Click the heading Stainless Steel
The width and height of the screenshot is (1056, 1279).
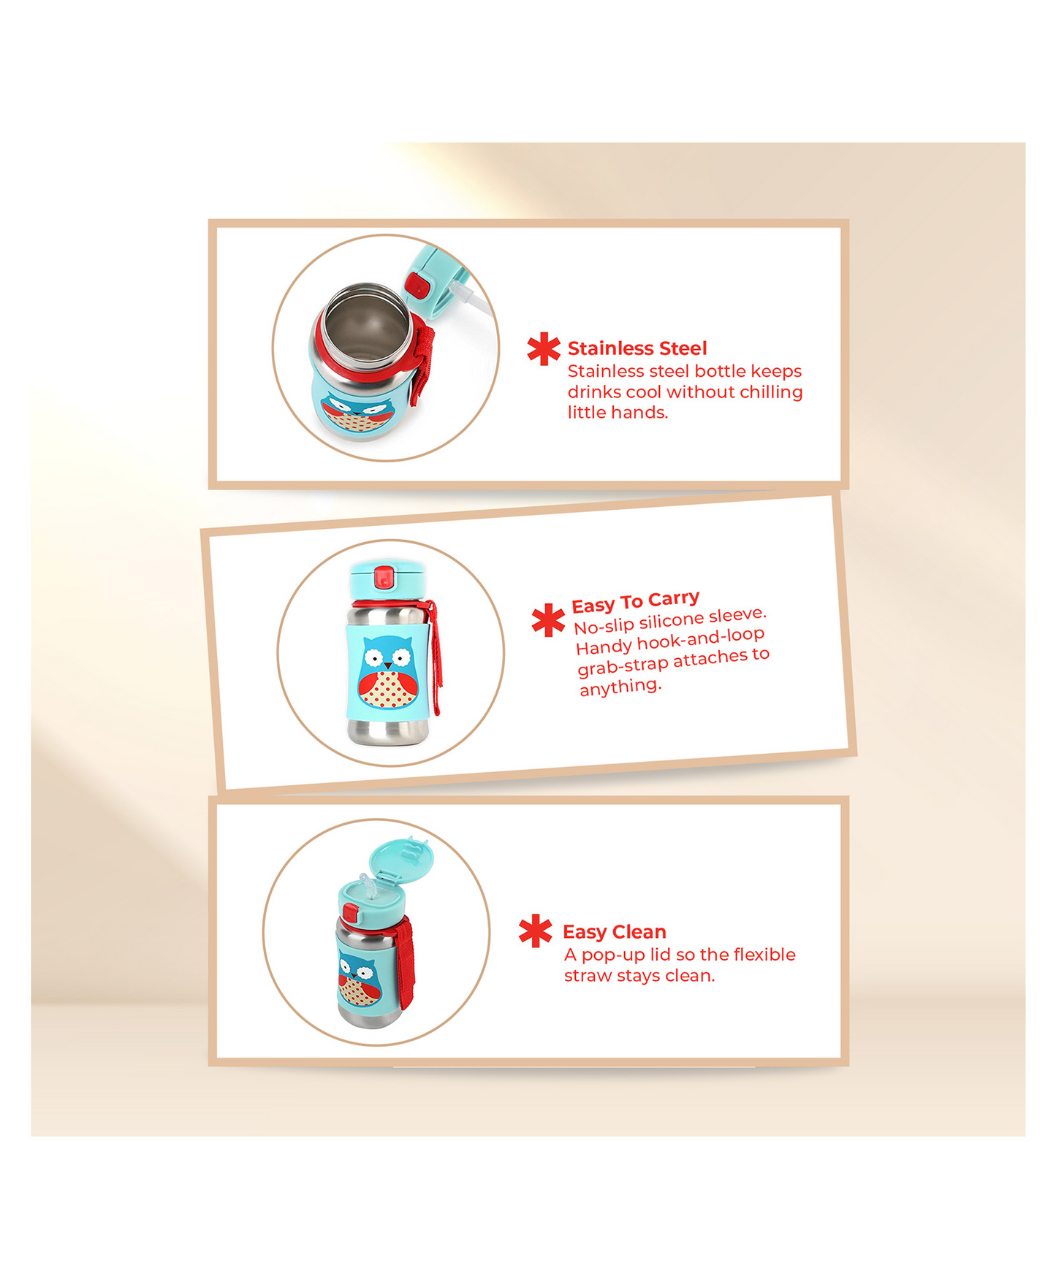coord(637,348)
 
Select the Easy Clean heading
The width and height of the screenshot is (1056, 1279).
coord(615,932)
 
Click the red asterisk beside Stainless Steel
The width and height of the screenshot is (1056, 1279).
coord(544,349)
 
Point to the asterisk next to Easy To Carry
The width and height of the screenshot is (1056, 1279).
coord(548,620)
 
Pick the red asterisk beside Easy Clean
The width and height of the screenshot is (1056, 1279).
coord(536,931)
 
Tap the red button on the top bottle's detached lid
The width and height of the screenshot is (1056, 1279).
coord(417,284)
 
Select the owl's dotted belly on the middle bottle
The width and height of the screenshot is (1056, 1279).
coord(384,690)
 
